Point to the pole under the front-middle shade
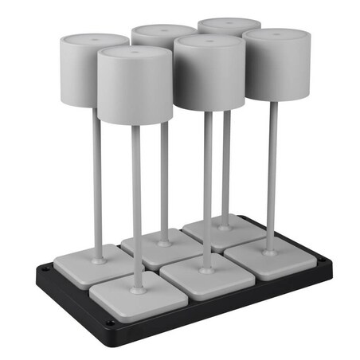(x=207, y=191)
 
